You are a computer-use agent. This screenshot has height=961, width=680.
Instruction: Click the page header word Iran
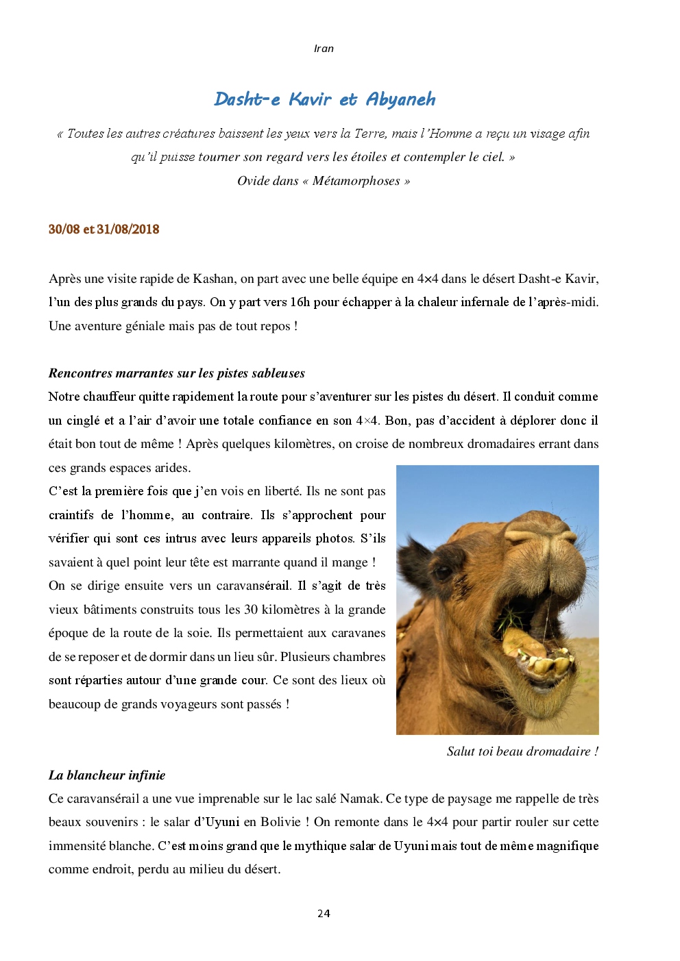(x=324, y=49)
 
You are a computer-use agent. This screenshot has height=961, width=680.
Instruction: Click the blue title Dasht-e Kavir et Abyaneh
(x=324, y=99)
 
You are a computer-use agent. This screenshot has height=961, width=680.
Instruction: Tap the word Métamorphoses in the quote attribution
(x=356, y=181)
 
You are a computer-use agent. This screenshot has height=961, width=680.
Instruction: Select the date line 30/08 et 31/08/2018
(x=104, y=229)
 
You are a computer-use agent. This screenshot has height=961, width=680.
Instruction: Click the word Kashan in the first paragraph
(x=213, y=279)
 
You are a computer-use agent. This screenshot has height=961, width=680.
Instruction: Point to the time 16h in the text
(x=300, y=302)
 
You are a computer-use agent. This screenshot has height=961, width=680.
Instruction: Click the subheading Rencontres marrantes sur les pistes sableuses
(x=176, y=373)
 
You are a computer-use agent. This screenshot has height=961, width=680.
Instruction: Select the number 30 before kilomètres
(x=251, y=610)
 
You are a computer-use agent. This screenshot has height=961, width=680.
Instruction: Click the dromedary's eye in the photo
(x=443, y=571)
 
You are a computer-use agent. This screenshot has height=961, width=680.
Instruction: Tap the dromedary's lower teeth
(x=548, y=664)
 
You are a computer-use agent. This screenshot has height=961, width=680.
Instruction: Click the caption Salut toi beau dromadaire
(x=522, y=751)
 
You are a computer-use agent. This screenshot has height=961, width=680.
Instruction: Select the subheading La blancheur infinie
(x=107, y=775)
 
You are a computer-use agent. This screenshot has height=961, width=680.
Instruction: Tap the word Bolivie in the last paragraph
(x=280, y=822)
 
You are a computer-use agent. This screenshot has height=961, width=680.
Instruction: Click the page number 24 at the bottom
(x=324, y=913)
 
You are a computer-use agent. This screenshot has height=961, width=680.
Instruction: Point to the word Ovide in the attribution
(x=252, y=181)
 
